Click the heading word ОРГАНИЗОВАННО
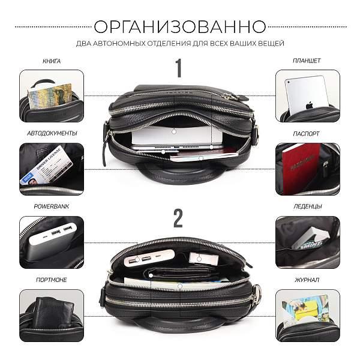[180, 27]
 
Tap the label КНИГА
[52, 61]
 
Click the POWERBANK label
[52, 206]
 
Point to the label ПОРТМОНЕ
[52, 280]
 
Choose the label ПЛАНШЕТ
[307, 61]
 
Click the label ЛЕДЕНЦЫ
[307, 206]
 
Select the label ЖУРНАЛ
[307, 280]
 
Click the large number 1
[178, 69]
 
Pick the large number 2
[178, 218]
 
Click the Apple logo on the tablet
[310, 104]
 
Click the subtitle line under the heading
[180, 44]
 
